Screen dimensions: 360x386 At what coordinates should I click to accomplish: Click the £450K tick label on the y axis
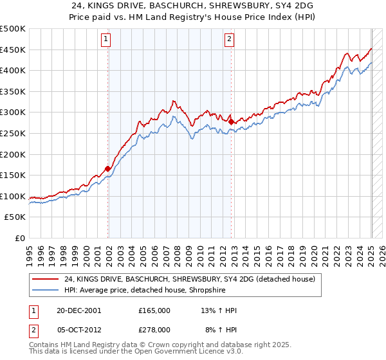click(13, 50)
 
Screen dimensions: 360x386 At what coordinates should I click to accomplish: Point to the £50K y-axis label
click(15, 217)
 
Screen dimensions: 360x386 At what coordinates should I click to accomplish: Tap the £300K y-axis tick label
click(13, 113)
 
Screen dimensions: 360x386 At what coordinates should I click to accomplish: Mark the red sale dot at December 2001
click(108, 169)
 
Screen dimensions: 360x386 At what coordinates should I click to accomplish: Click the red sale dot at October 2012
click(231, 120)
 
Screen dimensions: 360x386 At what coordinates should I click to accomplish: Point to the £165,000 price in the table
click(154, 310)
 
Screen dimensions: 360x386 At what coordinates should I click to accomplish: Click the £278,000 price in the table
click(154, 332)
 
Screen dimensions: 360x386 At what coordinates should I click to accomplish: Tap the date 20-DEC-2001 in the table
click(78, 310)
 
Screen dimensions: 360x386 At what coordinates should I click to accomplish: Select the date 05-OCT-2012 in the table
click(78, 332)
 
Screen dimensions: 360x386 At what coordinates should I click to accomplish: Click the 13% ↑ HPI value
click(219, 310)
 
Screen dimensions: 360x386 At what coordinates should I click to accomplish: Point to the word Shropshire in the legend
click(185, 291)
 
